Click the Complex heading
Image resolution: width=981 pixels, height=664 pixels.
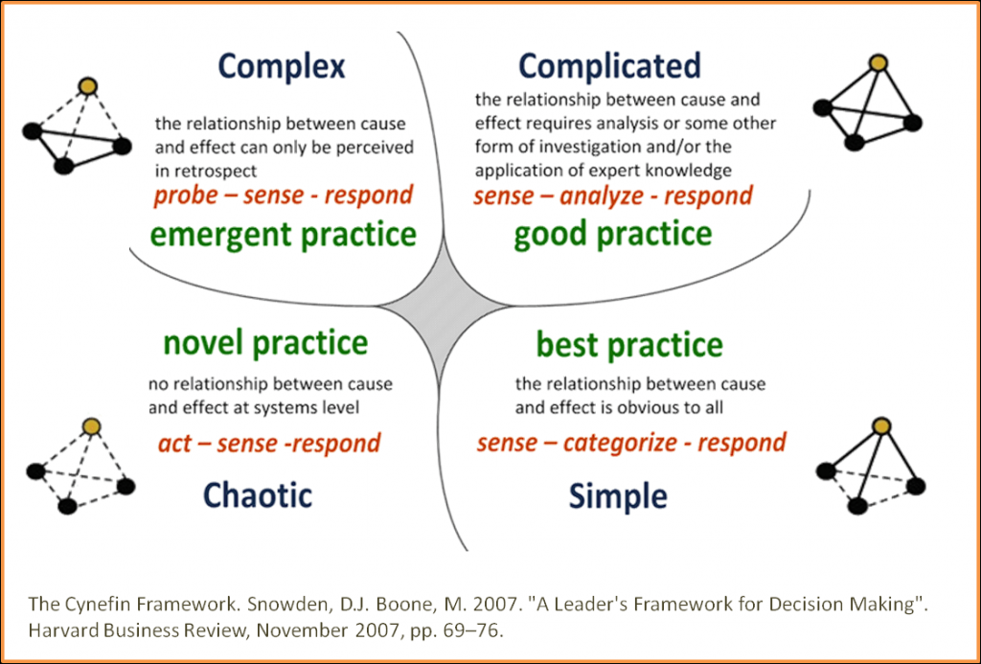(282, 67)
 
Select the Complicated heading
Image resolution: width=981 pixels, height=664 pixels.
(610, 65)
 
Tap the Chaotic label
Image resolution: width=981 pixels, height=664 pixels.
(257, 495)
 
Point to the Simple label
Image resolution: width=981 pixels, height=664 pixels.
(618, 497)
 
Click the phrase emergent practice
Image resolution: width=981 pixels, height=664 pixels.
(284, 236)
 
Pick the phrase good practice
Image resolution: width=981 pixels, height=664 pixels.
(612, 235)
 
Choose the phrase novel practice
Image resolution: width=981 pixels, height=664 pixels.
(265, 344)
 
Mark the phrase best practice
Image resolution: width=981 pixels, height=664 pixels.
(629, 345)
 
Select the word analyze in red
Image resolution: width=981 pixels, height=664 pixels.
(602, 196)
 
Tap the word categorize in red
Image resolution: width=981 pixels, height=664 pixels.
(620, 443)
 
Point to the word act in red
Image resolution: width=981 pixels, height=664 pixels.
(174, 444)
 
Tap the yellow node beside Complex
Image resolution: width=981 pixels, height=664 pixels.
(88, 86)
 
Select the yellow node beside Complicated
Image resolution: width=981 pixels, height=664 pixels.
(878, 62)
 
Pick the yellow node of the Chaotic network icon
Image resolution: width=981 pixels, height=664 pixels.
(92, 426)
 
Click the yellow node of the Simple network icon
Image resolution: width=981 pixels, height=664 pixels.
(881, 426)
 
